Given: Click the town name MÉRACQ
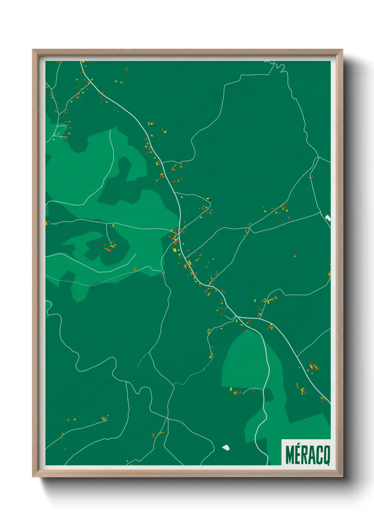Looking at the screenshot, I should [x=307, y=455].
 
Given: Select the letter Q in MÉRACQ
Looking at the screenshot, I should [x=326, y=456].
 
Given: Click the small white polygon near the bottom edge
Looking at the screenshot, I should [x=226, y=448].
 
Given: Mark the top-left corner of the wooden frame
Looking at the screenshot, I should [x=33, y=50].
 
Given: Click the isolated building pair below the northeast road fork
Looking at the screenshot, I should [x=296, y=254].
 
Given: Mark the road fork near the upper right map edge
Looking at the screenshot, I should [x=319, y=157].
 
